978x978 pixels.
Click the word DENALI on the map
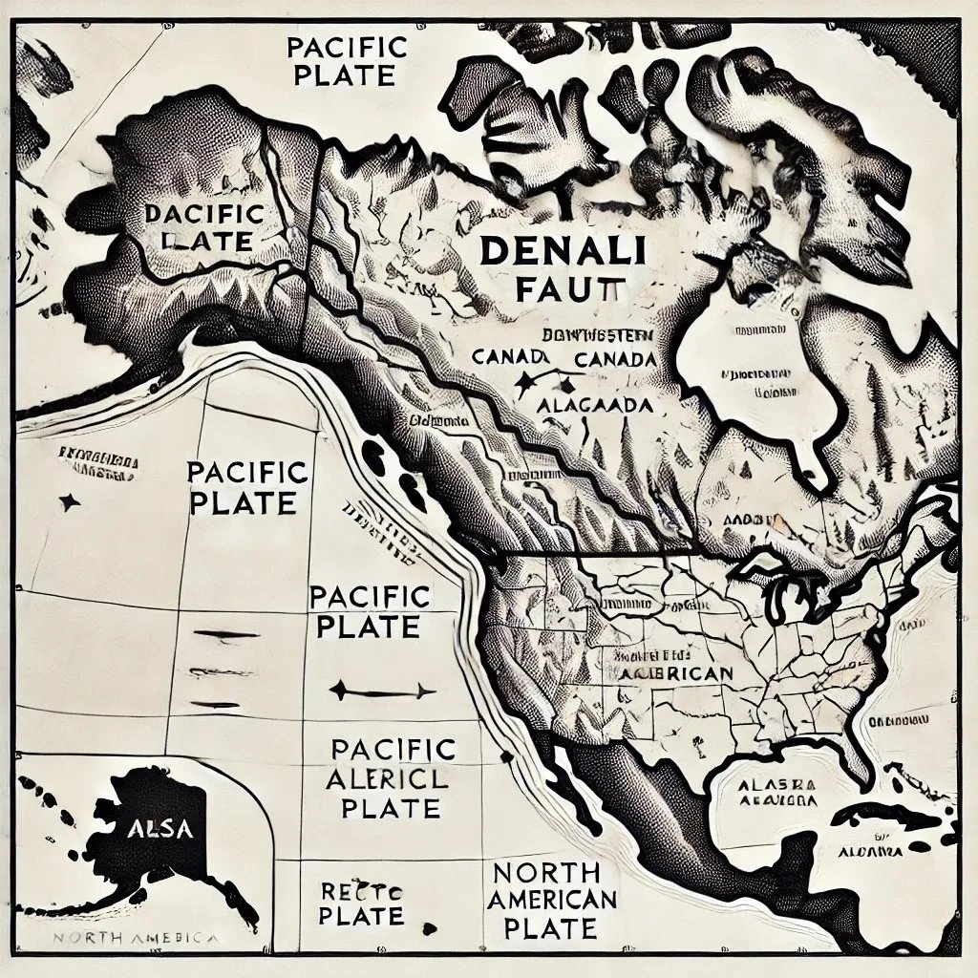562,252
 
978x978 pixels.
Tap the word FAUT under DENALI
569,289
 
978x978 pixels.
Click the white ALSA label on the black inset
159,828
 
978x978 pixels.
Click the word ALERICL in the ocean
387,778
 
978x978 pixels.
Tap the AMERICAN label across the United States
676,672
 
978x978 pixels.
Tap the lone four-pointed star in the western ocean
68,501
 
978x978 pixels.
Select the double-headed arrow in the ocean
382,691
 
